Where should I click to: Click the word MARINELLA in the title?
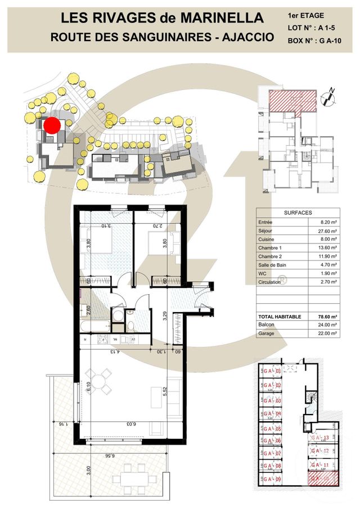[221, 18]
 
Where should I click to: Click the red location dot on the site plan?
[52, 125]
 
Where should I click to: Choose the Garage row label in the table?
[267, 333]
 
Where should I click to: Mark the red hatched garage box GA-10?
[322, 478]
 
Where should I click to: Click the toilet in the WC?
[130, 325]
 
